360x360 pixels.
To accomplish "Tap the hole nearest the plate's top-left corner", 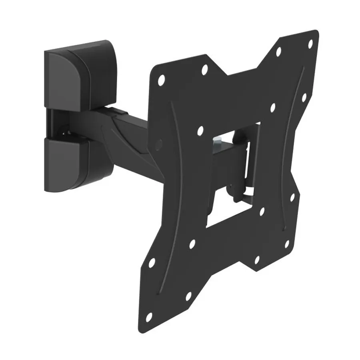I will [x=161, y=79].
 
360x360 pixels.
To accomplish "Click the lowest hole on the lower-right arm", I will [x=257, y=259].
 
